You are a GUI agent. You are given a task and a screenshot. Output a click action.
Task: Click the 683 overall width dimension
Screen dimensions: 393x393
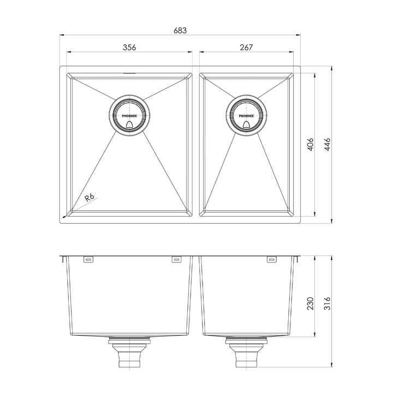pos(180,31)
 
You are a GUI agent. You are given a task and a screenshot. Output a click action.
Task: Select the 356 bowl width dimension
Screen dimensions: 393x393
pos(129,48)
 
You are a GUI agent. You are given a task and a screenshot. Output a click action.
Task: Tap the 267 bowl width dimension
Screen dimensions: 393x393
pos(246,48)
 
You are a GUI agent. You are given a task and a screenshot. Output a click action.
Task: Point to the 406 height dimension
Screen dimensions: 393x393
pos(309,144)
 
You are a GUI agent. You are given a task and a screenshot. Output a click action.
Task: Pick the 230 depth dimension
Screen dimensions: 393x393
pos(309,303)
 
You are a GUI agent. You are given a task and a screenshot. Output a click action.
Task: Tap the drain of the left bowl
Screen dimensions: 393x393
pos(129,116)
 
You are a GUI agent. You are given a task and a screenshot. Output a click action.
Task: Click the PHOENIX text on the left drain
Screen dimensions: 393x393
pos(129,116)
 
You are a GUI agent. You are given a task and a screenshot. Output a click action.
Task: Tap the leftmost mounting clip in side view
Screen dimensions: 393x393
pos(88,260)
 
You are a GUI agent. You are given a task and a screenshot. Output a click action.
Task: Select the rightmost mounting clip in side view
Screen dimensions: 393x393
pos(271,260)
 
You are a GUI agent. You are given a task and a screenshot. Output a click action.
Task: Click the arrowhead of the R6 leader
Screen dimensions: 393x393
pos(64,217)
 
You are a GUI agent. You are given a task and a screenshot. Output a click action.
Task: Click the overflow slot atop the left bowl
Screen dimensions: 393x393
pos(129,71)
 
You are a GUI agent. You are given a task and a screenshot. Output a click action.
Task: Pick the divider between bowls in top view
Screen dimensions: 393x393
pos(196,144)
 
